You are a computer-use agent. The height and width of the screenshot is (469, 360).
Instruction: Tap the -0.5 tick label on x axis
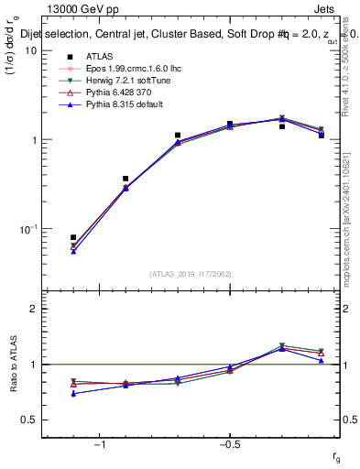[229, 445]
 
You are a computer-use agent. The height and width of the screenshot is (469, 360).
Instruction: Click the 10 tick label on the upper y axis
[30, 50]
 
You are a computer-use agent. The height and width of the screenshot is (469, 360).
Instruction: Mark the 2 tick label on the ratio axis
[33, 309]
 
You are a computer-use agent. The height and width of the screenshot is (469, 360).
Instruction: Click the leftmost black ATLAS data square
[73, 237]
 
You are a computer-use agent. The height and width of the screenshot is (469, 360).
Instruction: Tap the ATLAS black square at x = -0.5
[230, 124]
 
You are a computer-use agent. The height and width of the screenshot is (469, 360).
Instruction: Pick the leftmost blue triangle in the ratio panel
[73, 394]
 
